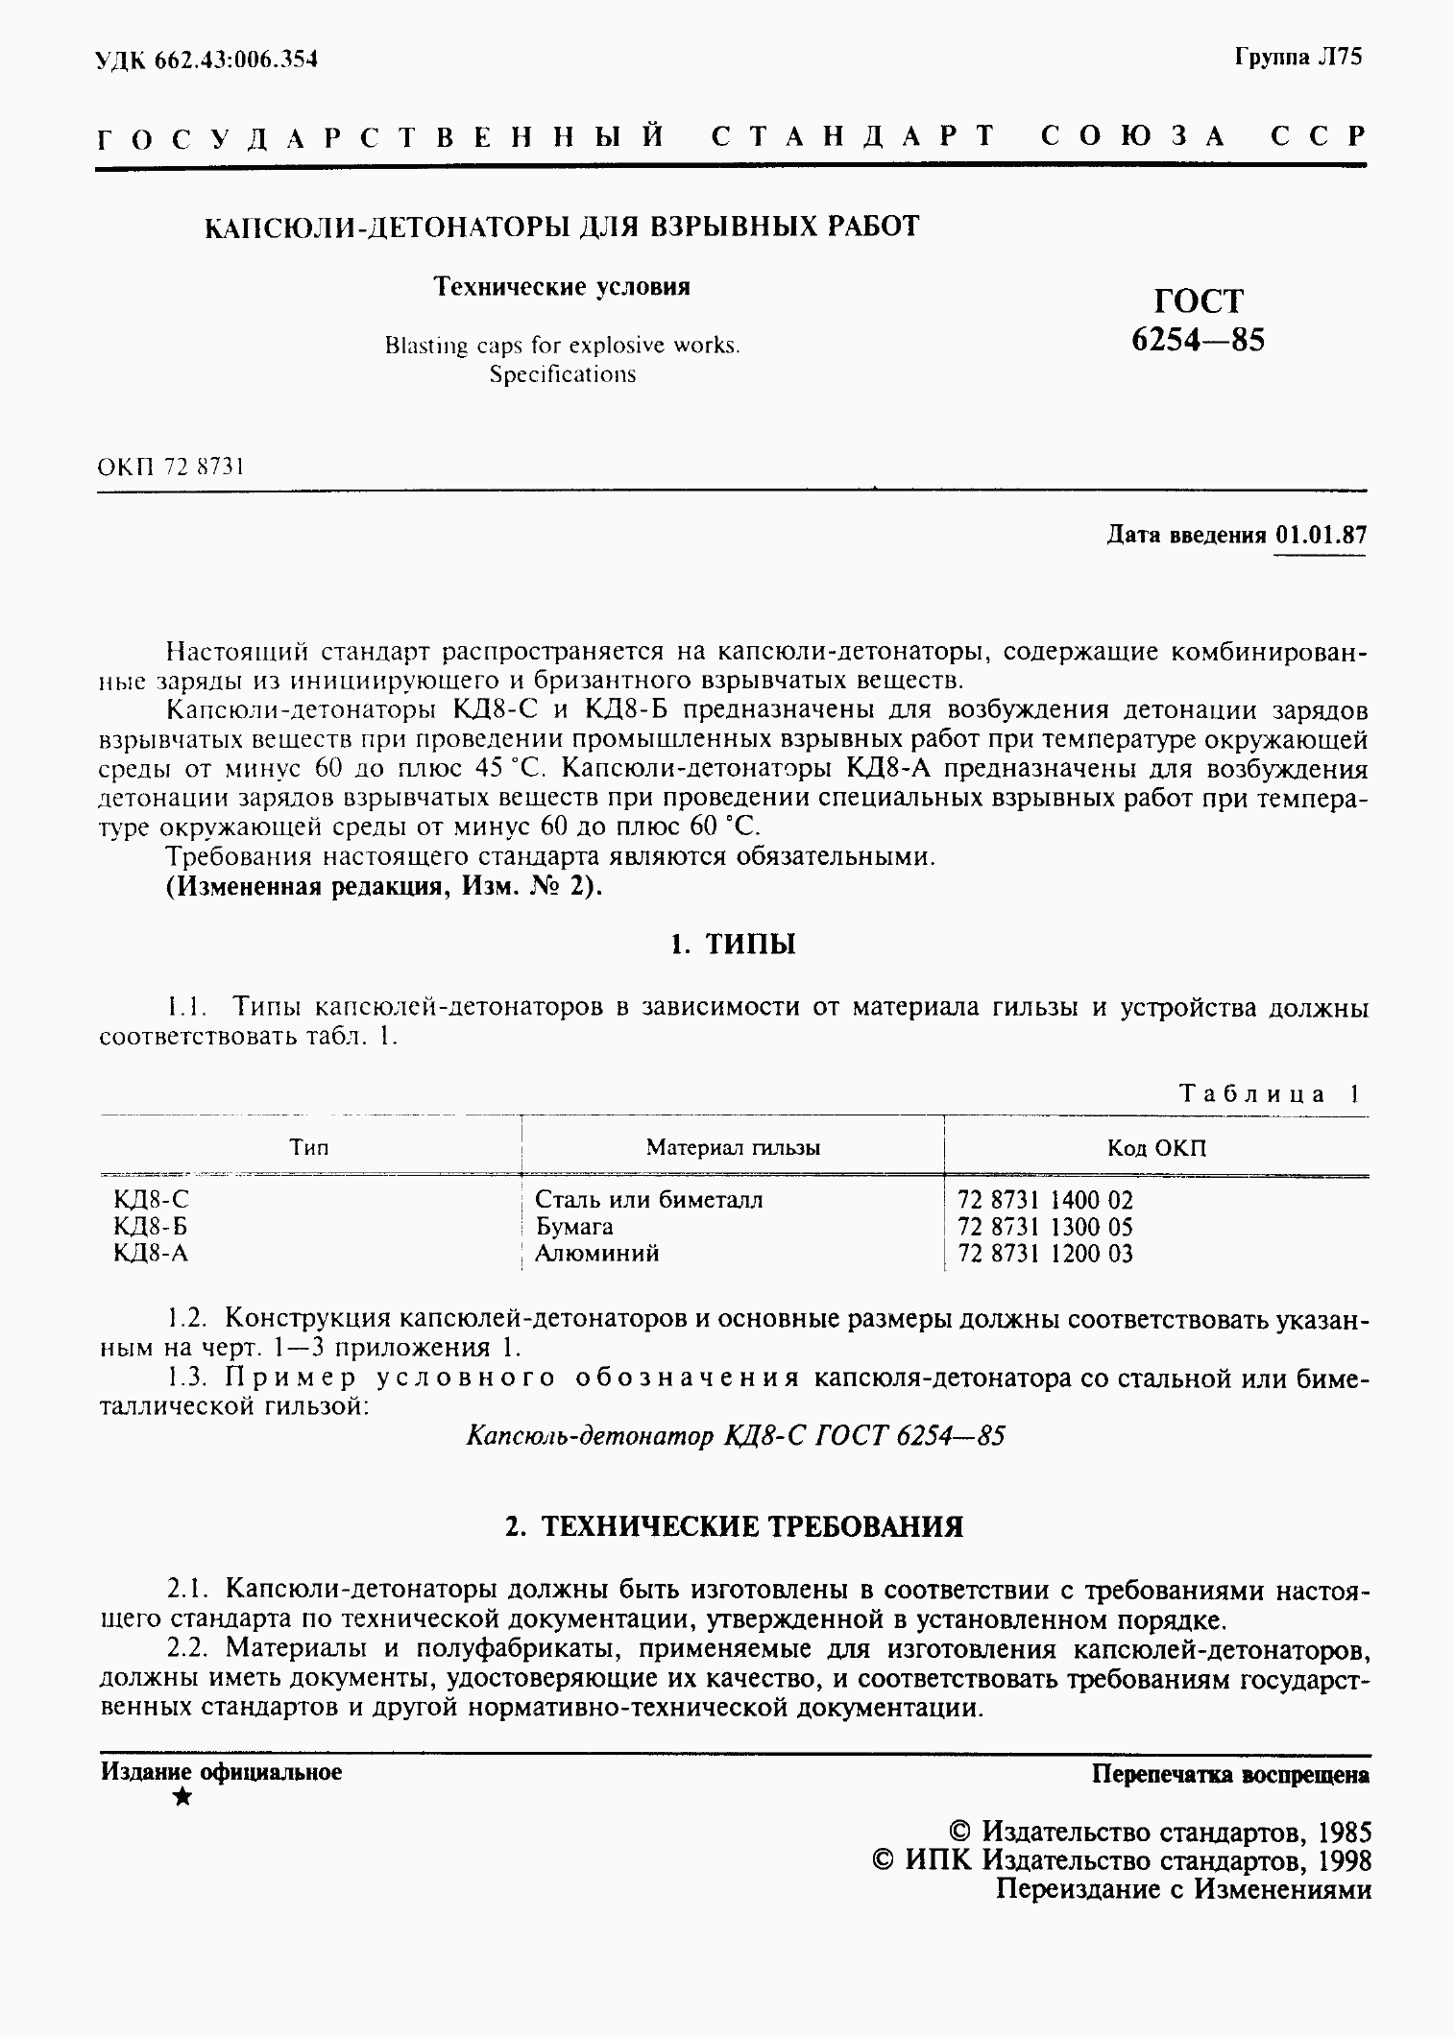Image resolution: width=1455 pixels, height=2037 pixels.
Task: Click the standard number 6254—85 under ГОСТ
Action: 1198,340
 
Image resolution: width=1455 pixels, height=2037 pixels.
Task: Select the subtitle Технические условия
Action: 562,287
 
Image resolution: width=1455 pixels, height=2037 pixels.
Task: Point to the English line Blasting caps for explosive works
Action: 562,346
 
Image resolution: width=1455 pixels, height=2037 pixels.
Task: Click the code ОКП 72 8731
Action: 171,467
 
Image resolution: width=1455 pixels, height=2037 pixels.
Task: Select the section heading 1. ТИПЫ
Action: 733,946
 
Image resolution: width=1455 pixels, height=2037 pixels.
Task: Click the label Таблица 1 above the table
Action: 1269,1094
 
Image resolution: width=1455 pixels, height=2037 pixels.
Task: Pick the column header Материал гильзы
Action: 732,1147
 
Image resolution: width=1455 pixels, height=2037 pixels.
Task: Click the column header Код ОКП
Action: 1156,1148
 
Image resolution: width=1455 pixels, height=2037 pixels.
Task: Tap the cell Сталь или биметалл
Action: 648,1200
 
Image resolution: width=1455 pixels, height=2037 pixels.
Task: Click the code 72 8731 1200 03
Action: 1045,1254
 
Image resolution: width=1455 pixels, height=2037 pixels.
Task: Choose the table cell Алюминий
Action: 596,1254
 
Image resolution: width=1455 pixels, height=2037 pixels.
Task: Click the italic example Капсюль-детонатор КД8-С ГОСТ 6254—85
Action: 735,1436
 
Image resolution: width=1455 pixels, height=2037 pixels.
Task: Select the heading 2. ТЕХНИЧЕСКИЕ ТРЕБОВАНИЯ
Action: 734,1527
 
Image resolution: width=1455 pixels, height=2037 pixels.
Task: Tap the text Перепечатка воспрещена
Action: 1230,1774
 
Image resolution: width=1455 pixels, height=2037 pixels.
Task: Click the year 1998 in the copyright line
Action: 1342,1861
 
